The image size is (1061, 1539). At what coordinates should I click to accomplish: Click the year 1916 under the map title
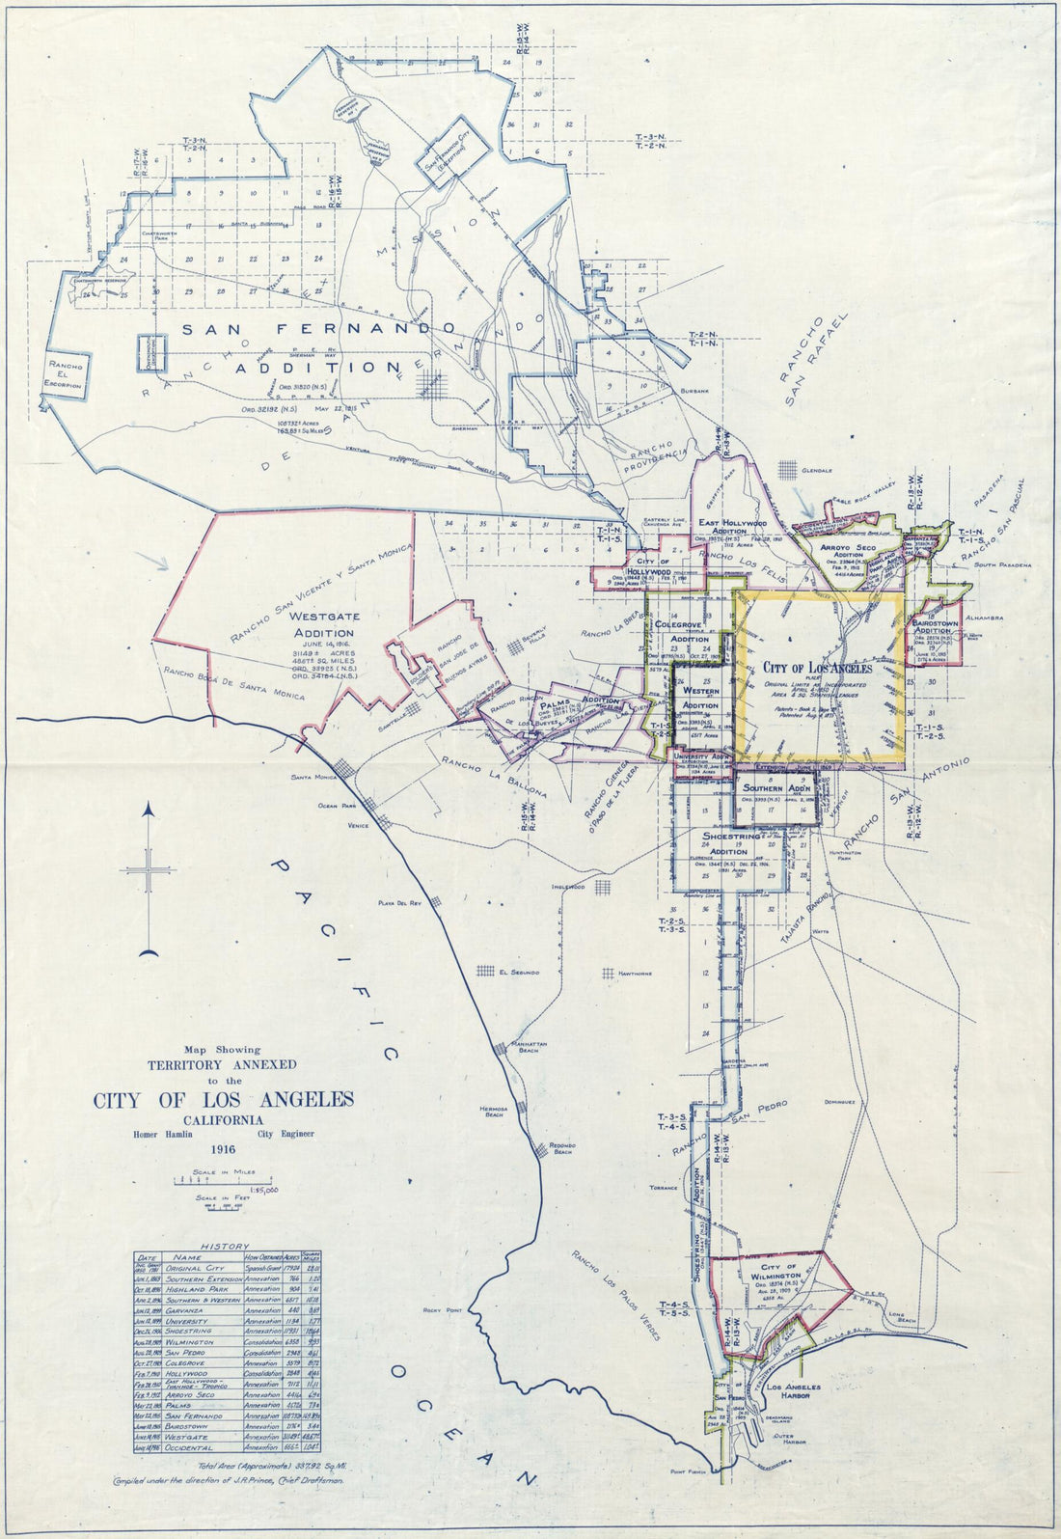[223, 1149]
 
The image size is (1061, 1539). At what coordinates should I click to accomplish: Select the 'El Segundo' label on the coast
[517, 972]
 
